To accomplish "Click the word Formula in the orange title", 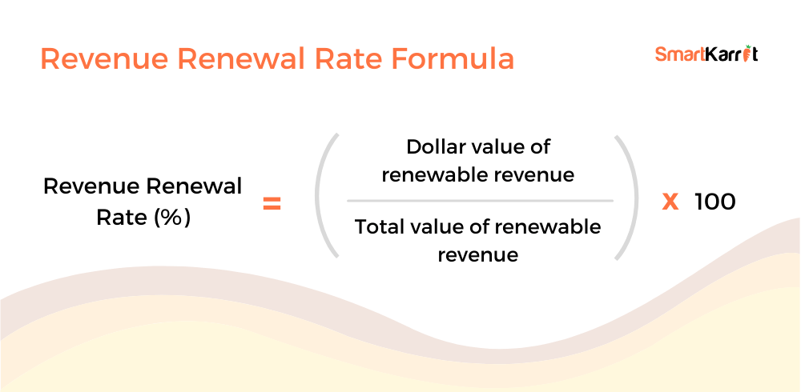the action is coord(453,59).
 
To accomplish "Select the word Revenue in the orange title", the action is coord(104,59).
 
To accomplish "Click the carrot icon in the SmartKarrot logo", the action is coord(748,53).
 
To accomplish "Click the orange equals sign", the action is coord(272,205).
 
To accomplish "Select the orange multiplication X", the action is coord(670,203).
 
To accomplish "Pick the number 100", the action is coord(714,202).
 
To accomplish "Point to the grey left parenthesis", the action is coord(320,196).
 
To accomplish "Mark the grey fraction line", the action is coord(480,201).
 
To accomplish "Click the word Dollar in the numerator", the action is coord(433,147).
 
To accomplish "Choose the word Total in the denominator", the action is coord(377,226).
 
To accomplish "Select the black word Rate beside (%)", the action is coord(122,218).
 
